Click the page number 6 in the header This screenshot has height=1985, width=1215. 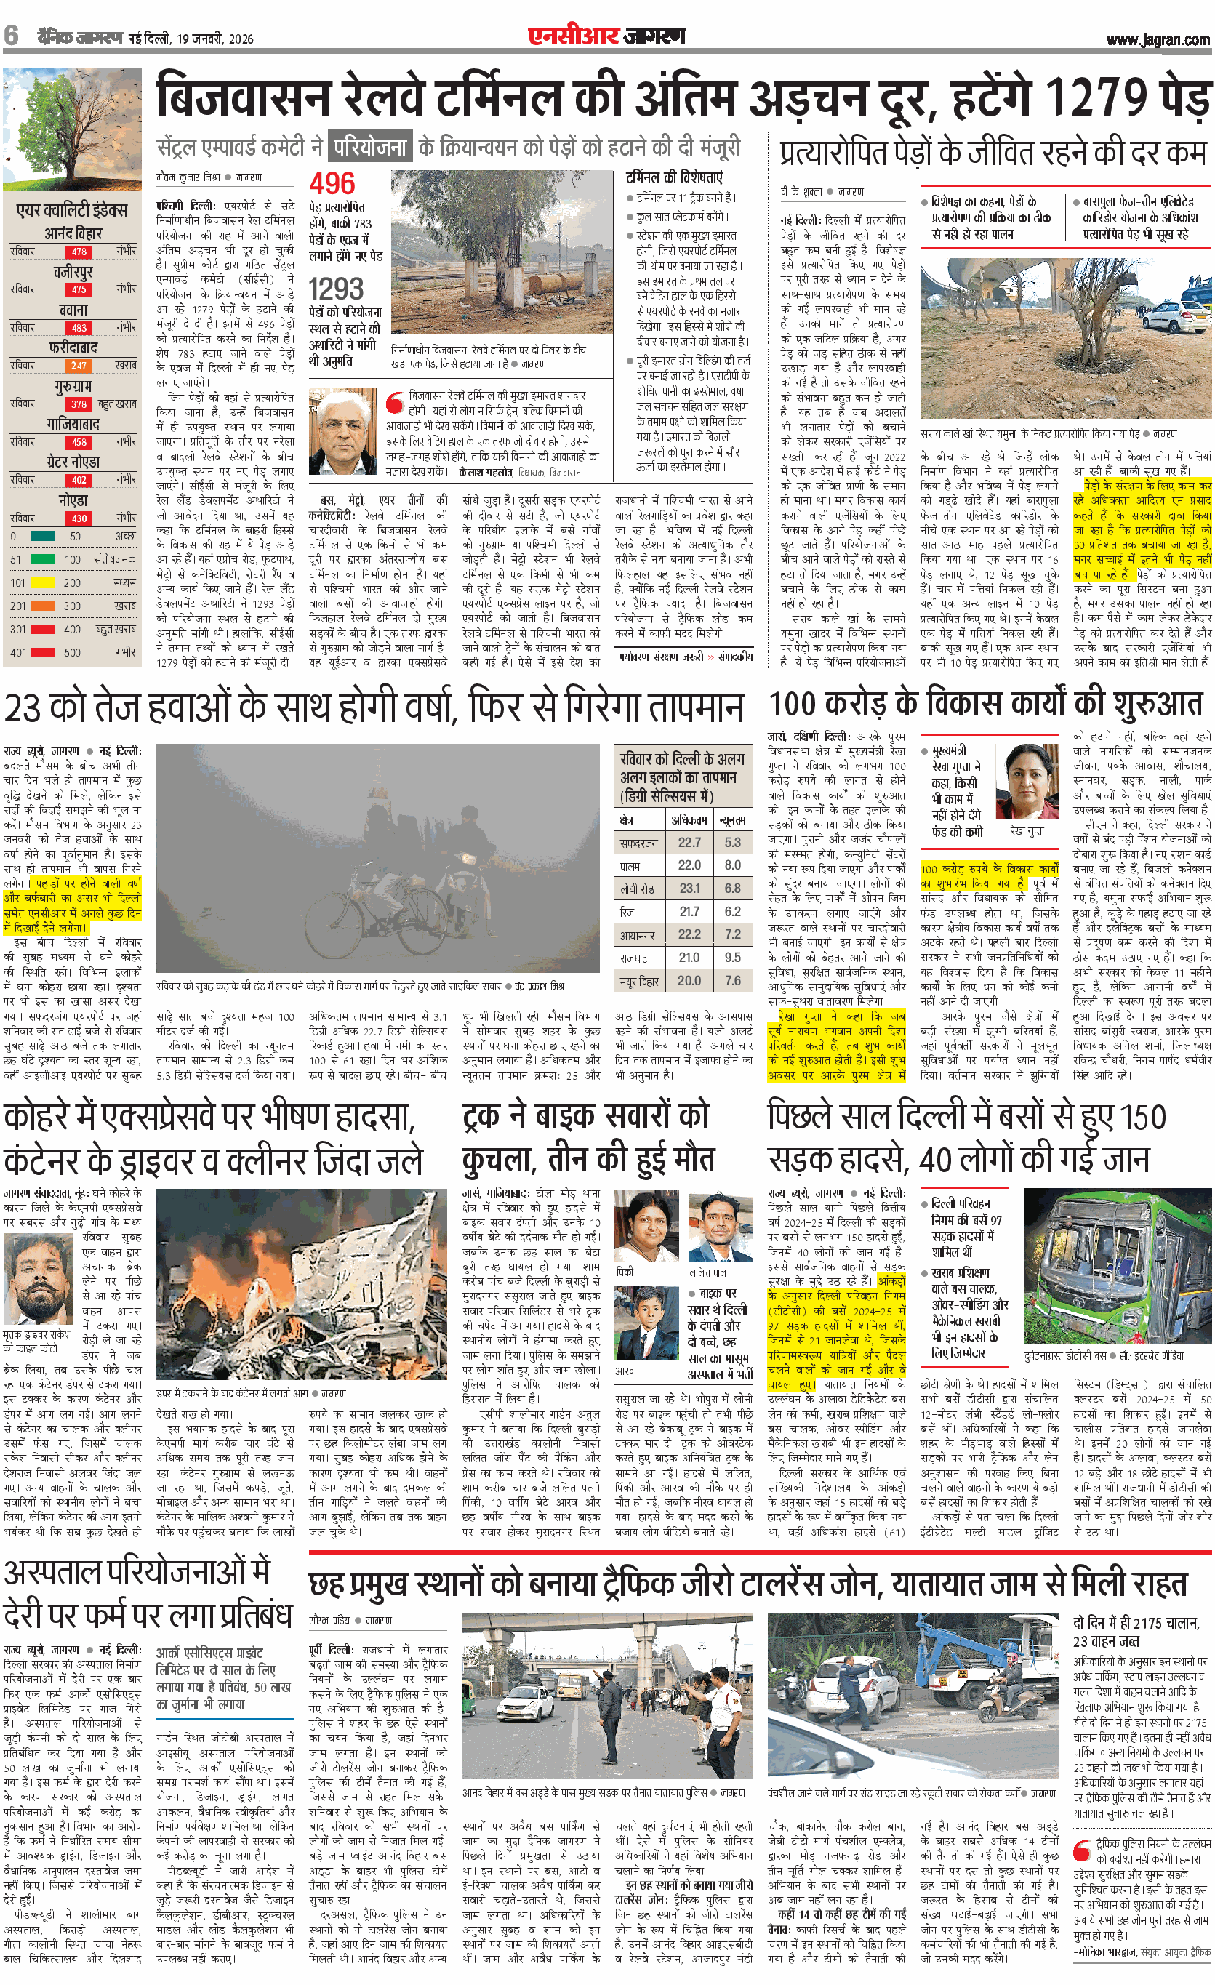tap(12, 36)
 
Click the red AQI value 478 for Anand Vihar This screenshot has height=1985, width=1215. tap(79, 252)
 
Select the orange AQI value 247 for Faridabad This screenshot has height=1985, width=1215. tap(79, 366)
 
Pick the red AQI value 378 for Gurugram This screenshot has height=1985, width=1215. tap(79, 404)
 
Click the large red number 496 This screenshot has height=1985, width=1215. tap(332, 184)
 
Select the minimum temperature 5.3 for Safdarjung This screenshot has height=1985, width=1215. tap(732, 842)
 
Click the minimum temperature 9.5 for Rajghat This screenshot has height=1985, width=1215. tap(732, 958)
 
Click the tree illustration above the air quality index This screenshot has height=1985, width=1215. tap(71, 130)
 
